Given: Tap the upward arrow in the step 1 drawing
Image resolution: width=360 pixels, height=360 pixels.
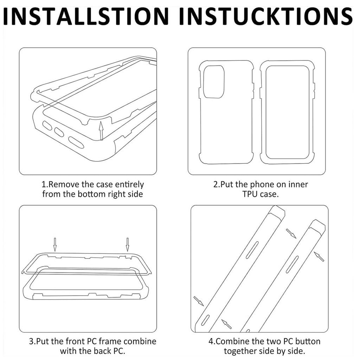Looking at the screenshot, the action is (101, 131).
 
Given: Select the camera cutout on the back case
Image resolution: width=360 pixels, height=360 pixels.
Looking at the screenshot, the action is (214, 82).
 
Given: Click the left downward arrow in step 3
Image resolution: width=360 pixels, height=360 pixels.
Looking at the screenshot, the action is (55, 244).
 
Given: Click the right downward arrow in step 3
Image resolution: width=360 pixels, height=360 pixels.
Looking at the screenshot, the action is (127, 244).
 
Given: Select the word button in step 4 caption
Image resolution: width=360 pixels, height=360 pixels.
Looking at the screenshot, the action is (308, 341).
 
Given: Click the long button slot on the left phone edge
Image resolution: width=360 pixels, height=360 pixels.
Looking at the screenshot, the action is (252, 250).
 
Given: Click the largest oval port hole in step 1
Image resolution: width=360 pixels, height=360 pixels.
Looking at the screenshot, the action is (76, 143).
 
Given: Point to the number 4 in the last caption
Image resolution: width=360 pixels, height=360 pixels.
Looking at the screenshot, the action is (211, 341).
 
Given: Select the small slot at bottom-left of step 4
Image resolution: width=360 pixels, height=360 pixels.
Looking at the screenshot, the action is (205, 320).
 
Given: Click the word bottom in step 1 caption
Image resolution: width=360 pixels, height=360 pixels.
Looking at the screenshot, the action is (91, 194).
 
